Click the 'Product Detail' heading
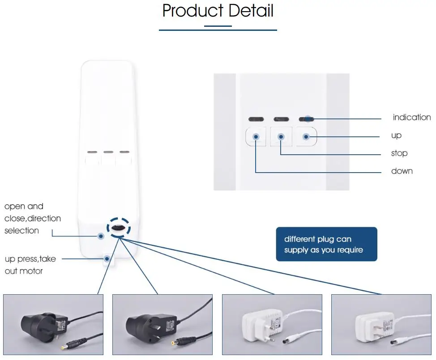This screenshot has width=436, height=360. [x=218, y=11]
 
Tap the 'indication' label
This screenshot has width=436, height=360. [x=411, y=117]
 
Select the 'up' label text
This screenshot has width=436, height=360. [x=396, y=135]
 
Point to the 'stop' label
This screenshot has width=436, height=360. [x=399, y=153]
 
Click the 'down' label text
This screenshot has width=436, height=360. [x=402, y=171]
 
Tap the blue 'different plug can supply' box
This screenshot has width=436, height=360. [x=326, y=244]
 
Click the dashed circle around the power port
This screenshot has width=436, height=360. [x=119, y=228]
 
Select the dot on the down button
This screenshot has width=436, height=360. [x=256, y=136]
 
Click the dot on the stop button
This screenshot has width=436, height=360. [x=281, y=136]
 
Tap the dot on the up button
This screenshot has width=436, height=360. [x=306, y=136]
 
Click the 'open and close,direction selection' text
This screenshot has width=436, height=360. [x=32, y=218]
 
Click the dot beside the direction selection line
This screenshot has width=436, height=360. [x=101, y=236]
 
